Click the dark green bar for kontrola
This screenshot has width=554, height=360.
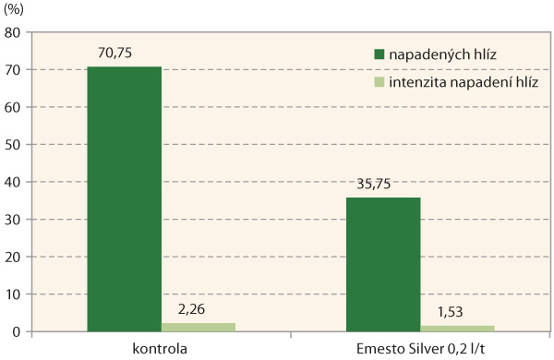click(125, 198)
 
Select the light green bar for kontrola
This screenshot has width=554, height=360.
click(199, 327)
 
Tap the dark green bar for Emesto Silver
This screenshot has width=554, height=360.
click(384, 264)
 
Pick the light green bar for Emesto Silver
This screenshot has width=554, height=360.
click(458, 328)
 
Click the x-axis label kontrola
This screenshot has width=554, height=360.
click(160, 348)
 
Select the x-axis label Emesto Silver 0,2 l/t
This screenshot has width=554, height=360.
click(420, 348)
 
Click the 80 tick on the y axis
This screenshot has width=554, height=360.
click(14, 32)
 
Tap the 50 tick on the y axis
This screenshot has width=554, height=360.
click(14, 145)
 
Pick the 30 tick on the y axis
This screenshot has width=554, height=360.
click(14, 220)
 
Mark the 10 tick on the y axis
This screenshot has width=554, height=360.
click(14, 294)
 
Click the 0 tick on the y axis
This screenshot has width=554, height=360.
click(18, 331)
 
